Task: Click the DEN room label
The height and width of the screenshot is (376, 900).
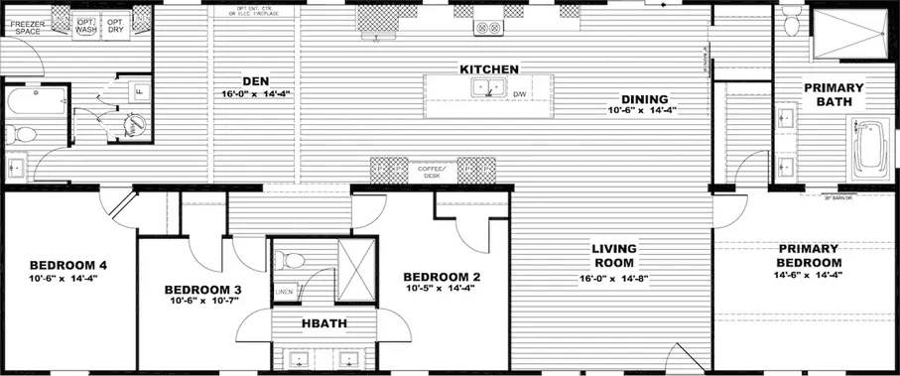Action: (256, 80)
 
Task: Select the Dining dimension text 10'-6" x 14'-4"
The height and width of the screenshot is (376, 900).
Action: (644, 111)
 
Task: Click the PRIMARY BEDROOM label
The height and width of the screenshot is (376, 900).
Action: (809, 254)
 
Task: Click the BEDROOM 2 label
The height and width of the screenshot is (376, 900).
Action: (442, 276)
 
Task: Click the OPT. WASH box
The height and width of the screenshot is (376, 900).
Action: (86, 26)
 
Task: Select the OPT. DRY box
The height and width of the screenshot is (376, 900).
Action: (116, 26)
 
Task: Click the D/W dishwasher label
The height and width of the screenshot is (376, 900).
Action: (519, 96)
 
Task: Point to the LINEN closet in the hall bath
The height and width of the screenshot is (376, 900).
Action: (284, 292)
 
